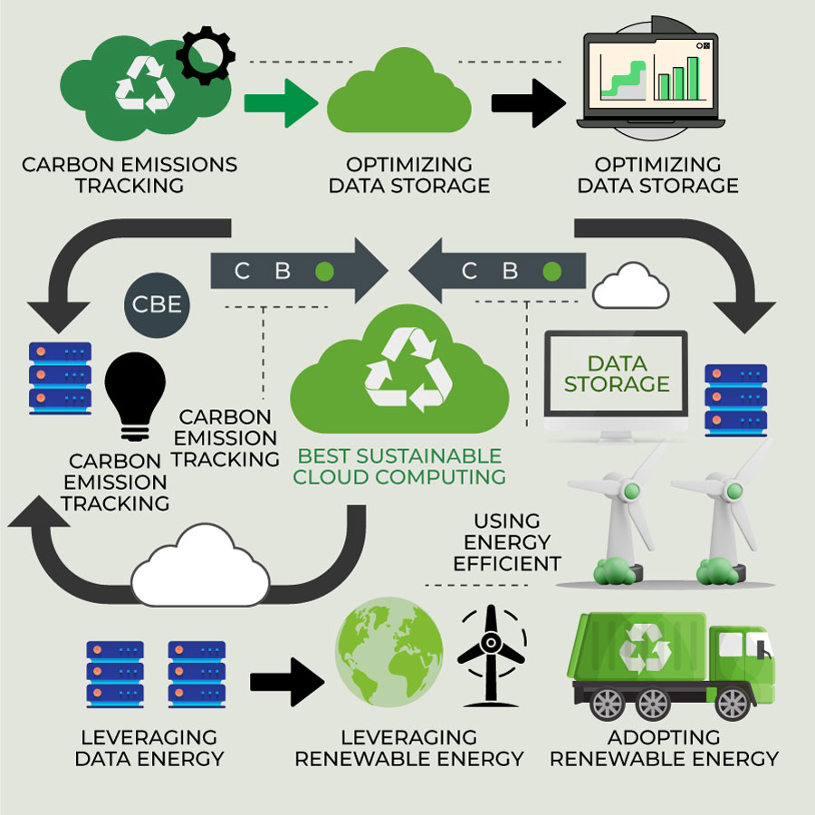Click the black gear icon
(x=205, y=55)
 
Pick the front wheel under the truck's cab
(x=735, y=702)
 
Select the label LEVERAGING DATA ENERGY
(x=149, y=747)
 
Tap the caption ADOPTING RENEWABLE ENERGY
(x=664, y=747)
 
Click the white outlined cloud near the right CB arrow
(x=630, y=287)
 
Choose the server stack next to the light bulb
(x=60, y=378)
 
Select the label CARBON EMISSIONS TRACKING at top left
(x=129, y=175)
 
